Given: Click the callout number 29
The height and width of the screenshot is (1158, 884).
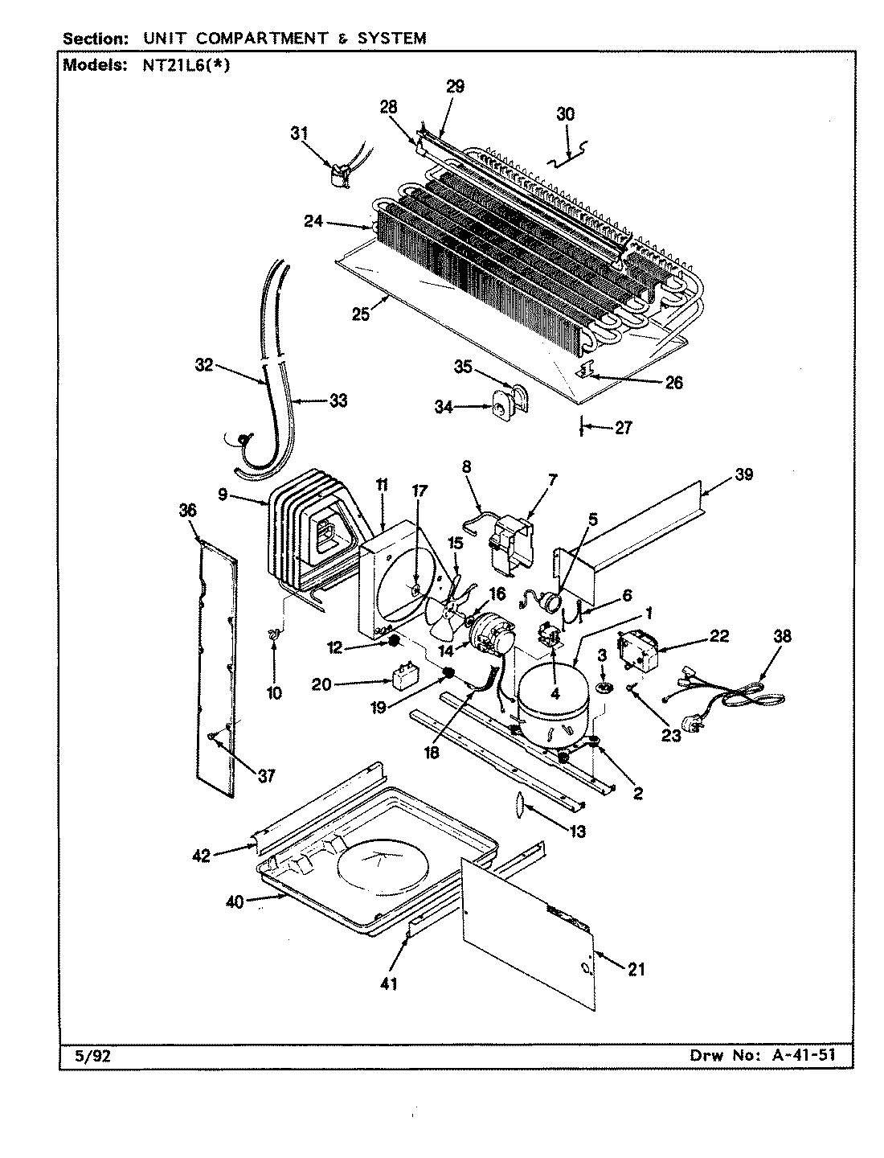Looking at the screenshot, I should [455, 87].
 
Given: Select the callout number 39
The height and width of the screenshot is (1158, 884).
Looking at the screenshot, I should [743, 474].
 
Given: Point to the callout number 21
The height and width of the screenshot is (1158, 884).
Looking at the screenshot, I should [636, 970].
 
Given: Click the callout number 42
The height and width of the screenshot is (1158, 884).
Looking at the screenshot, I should [201, 856].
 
